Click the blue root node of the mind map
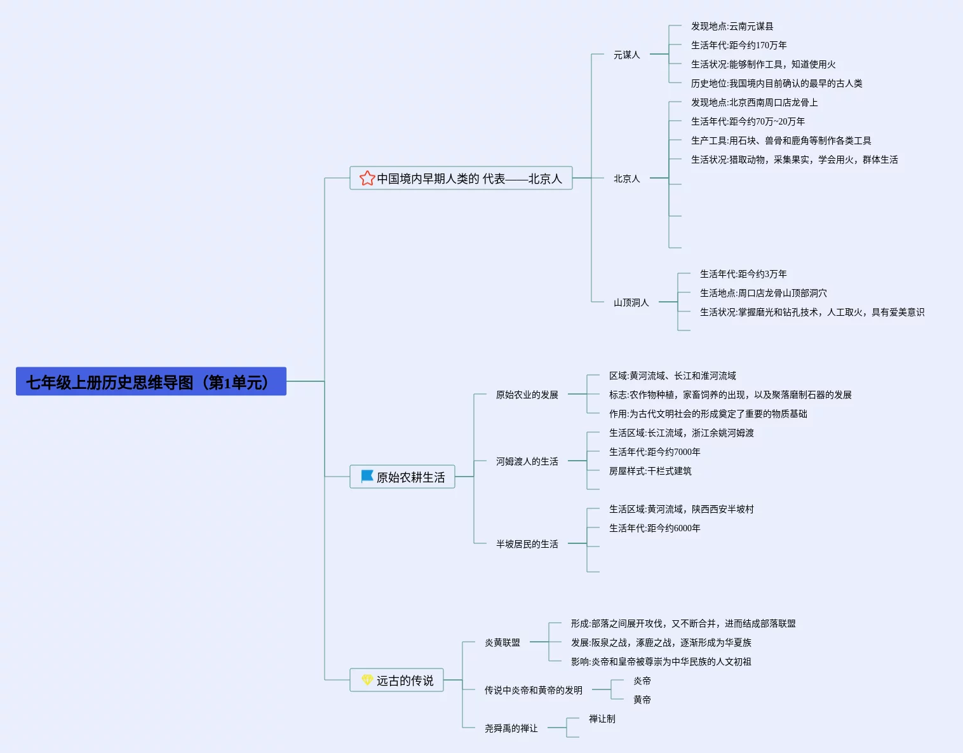click(151, 381)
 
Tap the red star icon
click(367, 178)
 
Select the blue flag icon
click(367, 476)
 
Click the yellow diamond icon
click(367, 680)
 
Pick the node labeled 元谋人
click(626, 55)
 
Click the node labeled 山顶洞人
click(631, 302)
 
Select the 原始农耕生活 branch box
click(402, 477)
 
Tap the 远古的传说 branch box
click(396, 680)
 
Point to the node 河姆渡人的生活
click(527, 461)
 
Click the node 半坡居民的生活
click(527, 544)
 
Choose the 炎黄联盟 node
click(502, 642)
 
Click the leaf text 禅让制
click(602, 719)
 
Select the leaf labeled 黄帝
click(642, 700)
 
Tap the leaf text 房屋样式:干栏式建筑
click(650, 471)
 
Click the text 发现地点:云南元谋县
click(732, 26)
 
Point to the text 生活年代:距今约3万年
click(743, 274)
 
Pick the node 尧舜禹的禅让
click(511, 728)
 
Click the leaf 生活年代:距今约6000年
click(654, 528)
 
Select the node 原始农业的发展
click(527, 395)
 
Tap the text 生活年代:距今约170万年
click(738, 45)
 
